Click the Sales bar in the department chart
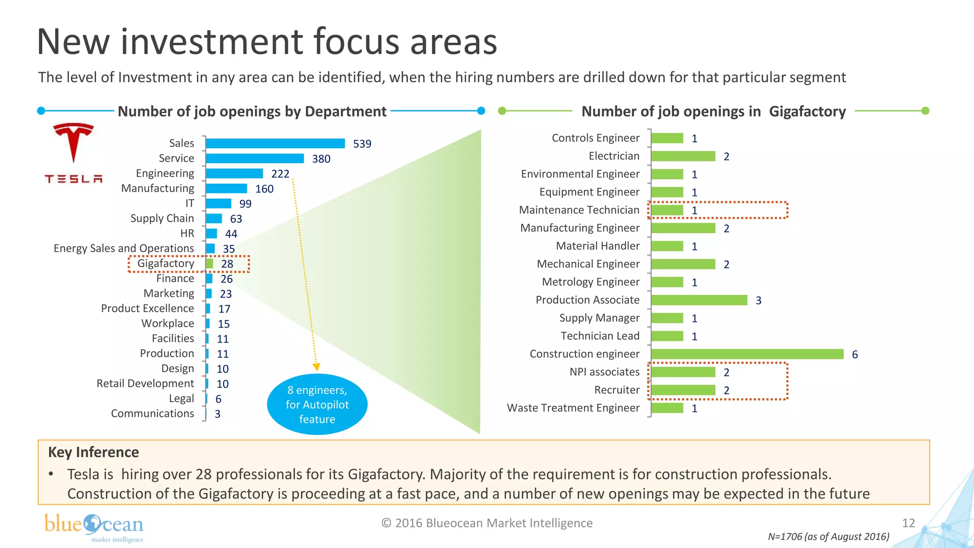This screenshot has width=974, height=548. coord(275,143)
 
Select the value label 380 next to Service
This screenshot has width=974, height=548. coord(321,159)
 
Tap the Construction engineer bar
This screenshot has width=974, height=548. coord(747,354)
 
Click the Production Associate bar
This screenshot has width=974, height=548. coord(699,300)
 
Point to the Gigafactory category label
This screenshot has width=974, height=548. coord(166,264)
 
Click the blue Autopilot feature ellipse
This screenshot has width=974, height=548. coord(317,405)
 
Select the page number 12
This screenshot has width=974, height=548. coord(908,523)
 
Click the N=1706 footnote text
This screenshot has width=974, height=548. coord(828,537)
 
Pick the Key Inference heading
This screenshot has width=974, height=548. coord(94,452)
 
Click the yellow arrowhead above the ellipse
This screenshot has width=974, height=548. coord(316,367)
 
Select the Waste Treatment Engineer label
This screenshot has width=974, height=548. coord(573,408)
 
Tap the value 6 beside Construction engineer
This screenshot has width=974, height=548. coord(855,354)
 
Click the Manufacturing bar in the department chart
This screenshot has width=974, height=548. coord(226,189)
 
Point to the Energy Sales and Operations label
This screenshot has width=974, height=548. coord(124,248)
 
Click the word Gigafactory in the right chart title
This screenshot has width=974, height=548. coord(807,111)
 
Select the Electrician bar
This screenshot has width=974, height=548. coord(683,157)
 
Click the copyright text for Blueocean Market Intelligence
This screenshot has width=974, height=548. coord(487,523)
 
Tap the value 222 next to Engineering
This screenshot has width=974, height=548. coord(280,174)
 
